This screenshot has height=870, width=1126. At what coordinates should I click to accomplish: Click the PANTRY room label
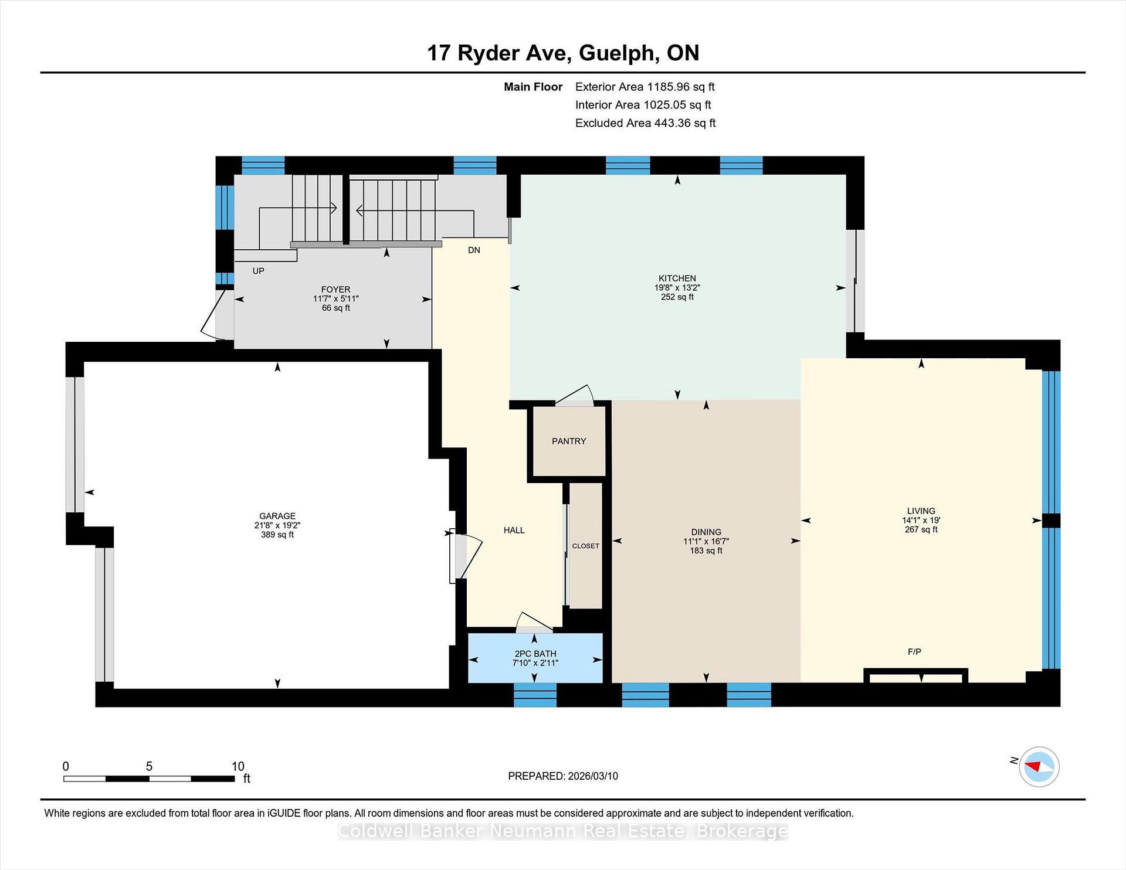(x=569, y=441)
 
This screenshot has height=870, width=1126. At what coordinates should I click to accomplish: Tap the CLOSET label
(x=586, y=546)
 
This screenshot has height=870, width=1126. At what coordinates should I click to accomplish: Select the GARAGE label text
(x=277, y=516)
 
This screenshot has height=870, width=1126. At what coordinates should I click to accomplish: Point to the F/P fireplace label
(x=914, y=651)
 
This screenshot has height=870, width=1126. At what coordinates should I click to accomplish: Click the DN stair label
(x=474, y=250)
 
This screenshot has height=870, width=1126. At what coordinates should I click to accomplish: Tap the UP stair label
(x=258, y=271)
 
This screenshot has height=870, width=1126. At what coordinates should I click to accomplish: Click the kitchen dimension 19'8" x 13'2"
(x=677, y=288)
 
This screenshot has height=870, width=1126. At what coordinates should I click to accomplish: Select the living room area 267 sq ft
(x=921, y=529)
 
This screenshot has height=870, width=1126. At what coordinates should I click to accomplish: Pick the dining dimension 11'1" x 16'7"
(x=706, y=542)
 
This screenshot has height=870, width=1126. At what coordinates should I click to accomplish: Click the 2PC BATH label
(x=535, y=654)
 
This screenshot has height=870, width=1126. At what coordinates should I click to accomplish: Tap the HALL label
(x=514, y=530)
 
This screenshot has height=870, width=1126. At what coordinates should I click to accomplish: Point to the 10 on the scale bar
(x=238, y=766)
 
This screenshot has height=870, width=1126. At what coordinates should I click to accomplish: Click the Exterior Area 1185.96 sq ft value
(x=645, y=87)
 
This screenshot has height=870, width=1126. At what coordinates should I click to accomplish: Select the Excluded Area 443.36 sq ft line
(x=646, y=123)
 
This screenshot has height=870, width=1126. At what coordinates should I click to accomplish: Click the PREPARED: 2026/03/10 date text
(x=563, y=776)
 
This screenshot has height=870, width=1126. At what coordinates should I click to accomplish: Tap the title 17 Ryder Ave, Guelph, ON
(x=563, y=53)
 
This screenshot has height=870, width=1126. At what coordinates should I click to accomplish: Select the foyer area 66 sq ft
(x=335, y=308)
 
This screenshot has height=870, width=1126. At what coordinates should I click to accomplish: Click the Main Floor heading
(x=533, y=87)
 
